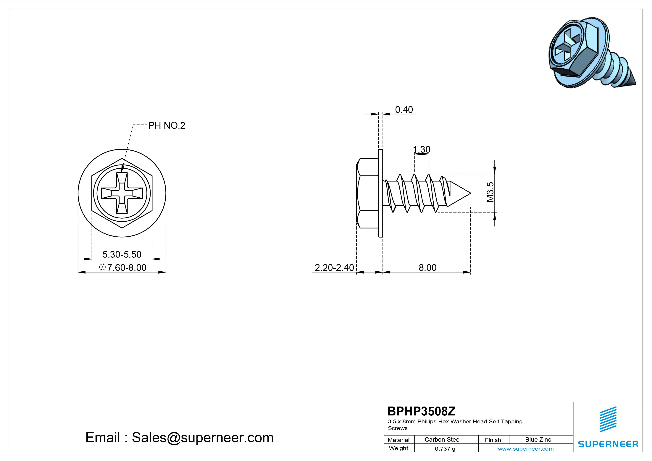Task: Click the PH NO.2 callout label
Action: (167, 125)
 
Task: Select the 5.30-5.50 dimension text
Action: (122, 254)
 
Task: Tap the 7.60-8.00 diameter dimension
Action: (123, 267)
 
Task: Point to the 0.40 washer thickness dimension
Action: (404, 110)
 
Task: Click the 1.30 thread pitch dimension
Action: (421, 149)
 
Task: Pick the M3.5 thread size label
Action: (490, 192)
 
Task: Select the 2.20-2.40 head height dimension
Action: (334, 267)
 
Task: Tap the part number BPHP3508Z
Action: (421, 411)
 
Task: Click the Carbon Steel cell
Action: (442, 439)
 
